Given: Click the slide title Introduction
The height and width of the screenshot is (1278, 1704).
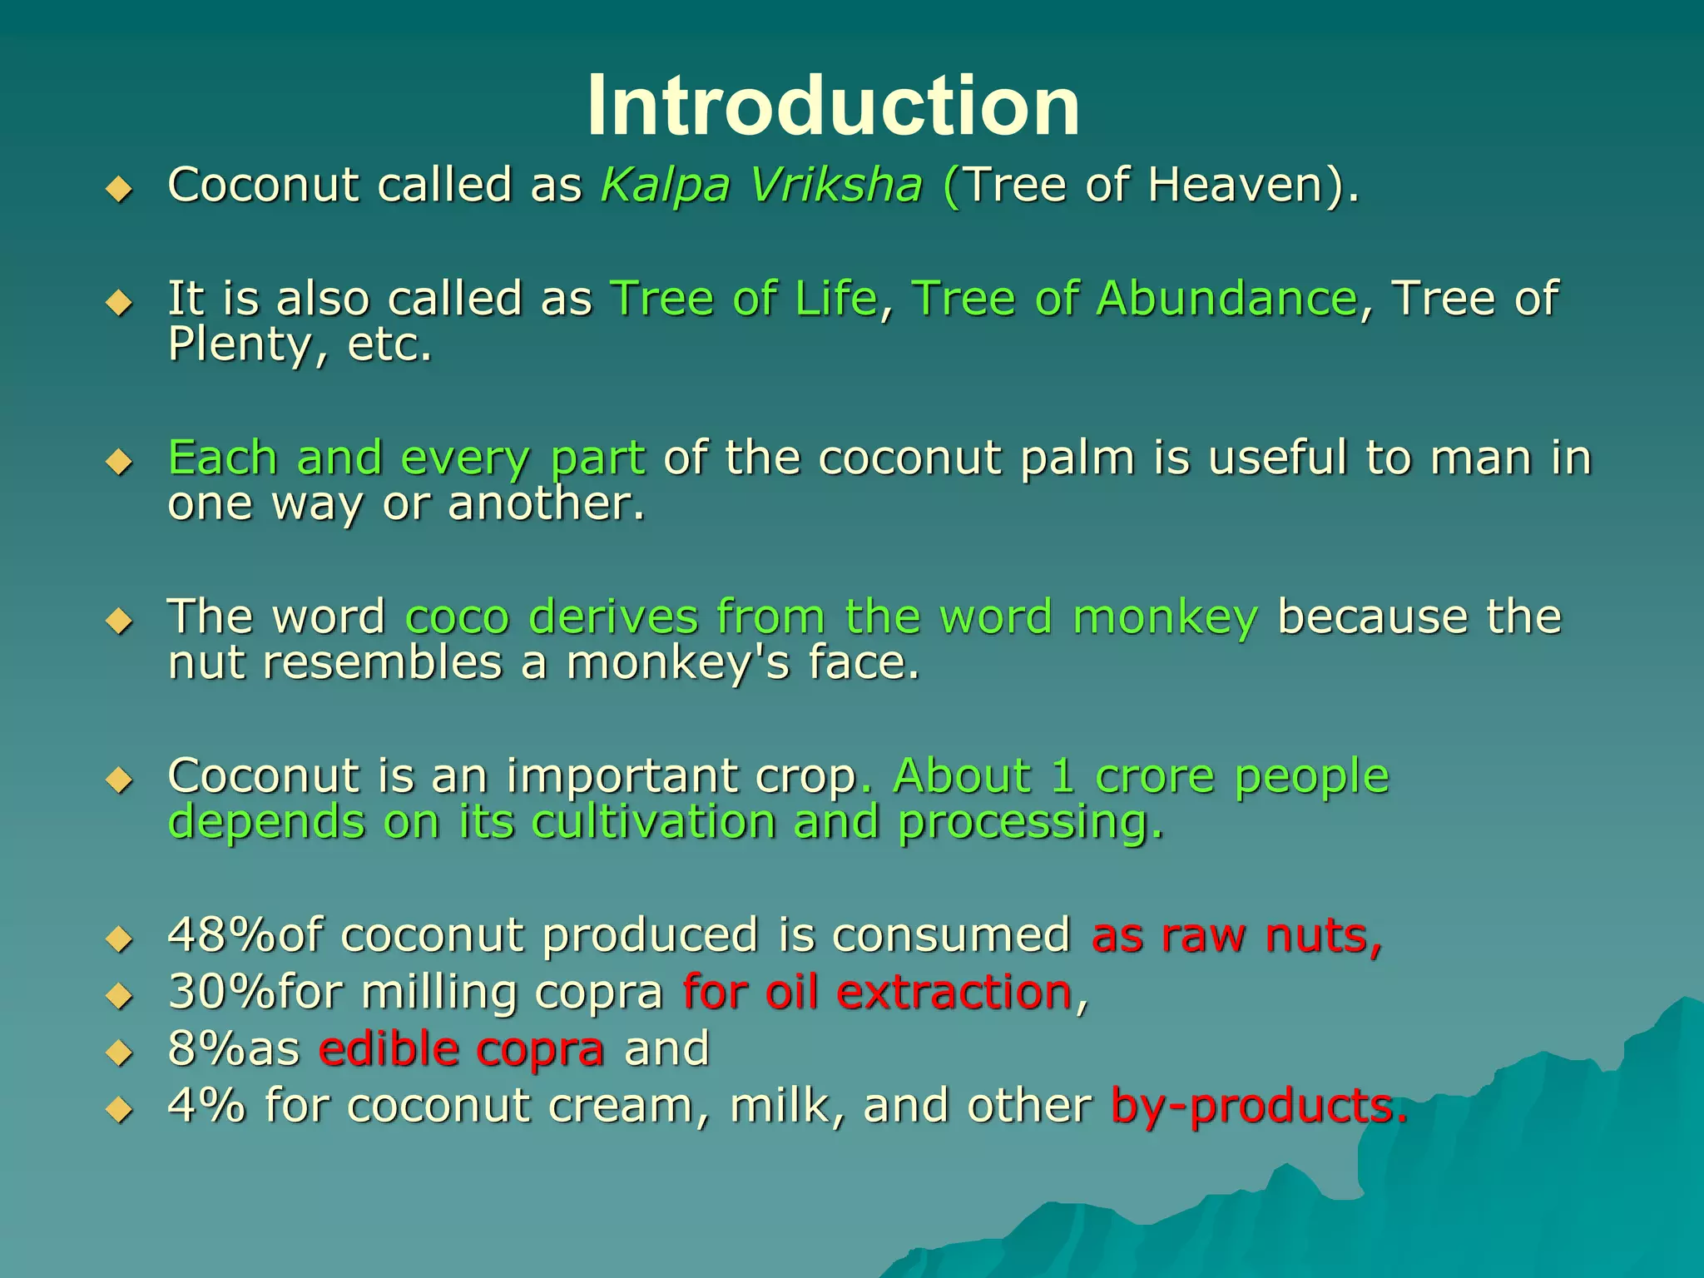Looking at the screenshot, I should [833, 106].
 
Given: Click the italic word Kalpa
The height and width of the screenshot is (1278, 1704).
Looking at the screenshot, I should [665, 186].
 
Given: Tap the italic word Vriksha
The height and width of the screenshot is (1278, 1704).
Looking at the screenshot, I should [835, 186].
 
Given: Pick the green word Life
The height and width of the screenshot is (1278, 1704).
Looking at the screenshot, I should [835, 299].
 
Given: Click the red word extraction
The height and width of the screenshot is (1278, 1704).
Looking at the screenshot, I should [954, 993].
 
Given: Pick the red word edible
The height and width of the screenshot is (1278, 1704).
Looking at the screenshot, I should [387, 1049].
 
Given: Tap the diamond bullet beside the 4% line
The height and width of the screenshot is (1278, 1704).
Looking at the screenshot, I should [120, 1110].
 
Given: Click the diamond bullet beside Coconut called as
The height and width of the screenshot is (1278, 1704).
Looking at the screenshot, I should [120, 190].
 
